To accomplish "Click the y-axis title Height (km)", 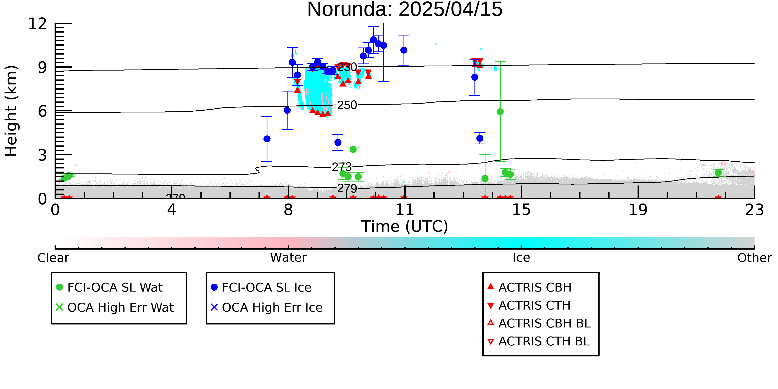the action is coord(11,111).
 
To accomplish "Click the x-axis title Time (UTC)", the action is coord(405,227).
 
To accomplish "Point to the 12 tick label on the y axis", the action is coord(38,24).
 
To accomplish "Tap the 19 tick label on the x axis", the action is coord(638,210).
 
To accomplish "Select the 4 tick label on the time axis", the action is coord(172,210).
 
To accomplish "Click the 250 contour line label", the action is coord(347,105).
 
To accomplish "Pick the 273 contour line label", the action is coord(341,167).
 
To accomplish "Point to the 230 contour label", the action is coord(347,67).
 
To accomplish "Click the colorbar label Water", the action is coord(288,258).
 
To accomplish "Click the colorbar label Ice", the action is coord(521,258).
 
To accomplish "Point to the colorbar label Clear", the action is coord(53,258).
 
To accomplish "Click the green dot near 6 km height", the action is coord(500,112).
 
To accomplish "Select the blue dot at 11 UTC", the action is coord(404,50).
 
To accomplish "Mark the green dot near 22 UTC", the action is coord(718,173).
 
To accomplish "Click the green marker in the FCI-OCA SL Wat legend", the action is coord(60,287).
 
